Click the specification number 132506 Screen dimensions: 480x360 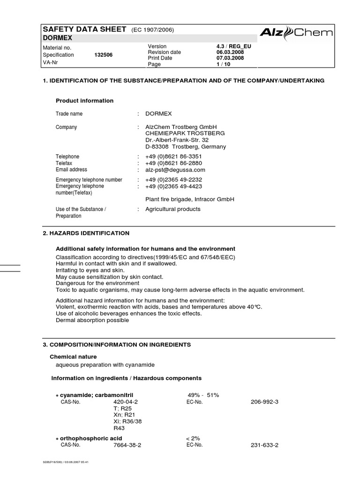pos(103,55)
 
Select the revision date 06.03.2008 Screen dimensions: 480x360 pos(227,52)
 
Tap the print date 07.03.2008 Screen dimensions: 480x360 pos(227,58)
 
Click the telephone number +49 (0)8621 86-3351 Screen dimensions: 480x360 pos(174,157)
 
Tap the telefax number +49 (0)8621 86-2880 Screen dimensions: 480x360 pos(174,163)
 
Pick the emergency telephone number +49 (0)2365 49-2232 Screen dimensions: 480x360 pos(174,180)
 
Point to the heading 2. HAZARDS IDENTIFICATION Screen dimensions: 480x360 pos(86,233)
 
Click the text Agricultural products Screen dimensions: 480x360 pos(173,209)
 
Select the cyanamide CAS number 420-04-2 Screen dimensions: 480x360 pos(126,402)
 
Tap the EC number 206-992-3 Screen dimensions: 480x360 pos(265,402)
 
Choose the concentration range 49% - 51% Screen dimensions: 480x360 pos(203,395)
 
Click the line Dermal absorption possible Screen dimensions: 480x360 pos(92,320)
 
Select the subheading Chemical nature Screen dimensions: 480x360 pos(76,357)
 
